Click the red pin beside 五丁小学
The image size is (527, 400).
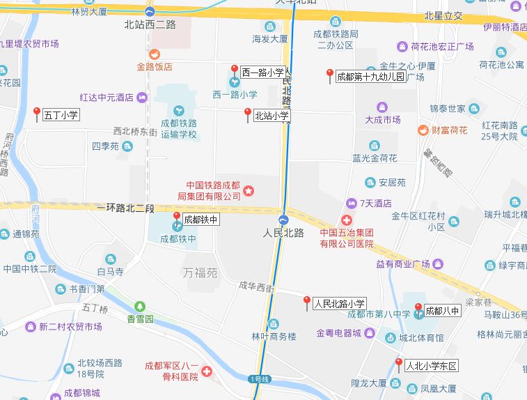[x=37, y=113]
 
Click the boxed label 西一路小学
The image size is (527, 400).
[x=262, y=72]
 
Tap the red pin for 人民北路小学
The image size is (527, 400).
[x=306, y=302]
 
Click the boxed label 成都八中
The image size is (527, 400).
[x=442, y=310]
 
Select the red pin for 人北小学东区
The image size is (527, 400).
[x=398, y=364]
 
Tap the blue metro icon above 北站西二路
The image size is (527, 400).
[x=150, y=12]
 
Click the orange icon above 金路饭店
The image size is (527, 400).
[x=155, y=54]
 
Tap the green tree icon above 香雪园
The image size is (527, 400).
[x=140, y=306]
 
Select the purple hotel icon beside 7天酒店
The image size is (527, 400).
[x=352, y=203]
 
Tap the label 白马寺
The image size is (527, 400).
[x=110, y=271]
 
